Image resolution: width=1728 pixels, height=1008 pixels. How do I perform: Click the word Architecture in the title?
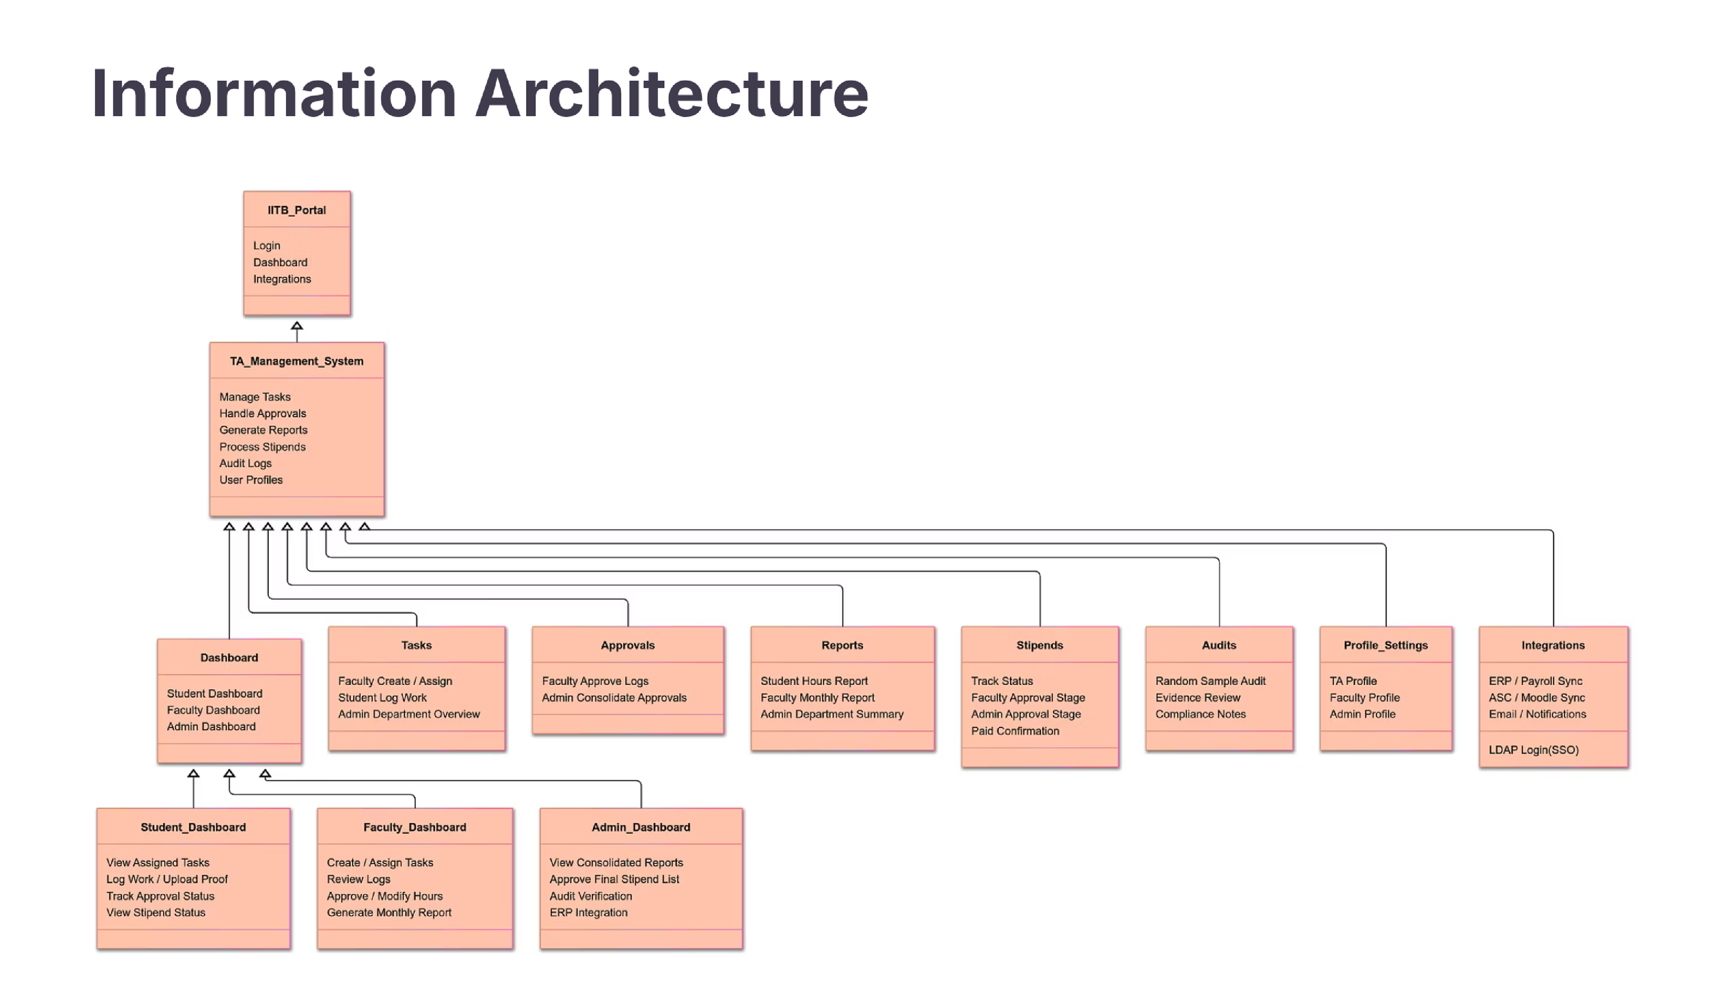point(672,94)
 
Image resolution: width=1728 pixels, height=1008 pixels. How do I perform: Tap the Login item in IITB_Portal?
point(267,245)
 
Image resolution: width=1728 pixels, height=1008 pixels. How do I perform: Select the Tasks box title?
point(416,646)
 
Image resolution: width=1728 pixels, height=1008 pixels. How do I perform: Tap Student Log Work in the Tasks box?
point(382,698)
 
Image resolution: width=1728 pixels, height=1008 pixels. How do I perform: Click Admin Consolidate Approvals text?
point(614,698)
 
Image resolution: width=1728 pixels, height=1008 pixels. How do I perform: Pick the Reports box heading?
point(842,646)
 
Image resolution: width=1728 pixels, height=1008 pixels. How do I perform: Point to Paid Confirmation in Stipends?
point(1015,731)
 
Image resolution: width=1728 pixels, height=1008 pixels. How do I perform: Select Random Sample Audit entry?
point(1210,681)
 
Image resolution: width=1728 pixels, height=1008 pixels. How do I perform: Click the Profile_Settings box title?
point(1385,646)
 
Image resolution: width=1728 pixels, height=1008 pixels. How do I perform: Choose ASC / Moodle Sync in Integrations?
point(1537,698)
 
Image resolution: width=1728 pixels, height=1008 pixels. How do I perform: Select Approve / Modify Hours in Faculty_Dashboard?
point(385,896)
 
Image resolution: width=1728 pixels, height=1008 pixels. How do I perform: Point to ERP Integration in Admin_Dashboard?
point(588,913)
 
